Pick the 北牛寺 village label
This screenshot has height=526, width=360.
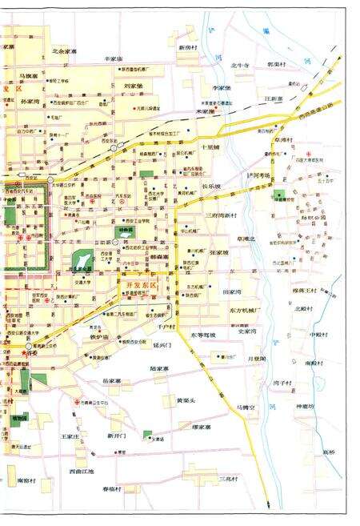(x=241, y=64)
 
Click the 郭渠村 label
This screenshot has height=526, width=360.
(x=277, y=64)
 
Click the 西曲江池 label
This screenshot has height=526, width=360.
(x=82, y=472)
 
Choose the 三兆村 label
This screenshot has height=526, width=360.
(x=230, y=479)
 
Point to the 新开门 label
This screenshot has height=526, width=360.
(x=117, y=436)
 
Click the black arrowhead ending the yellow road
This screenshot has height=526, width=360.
(x=269, y=504)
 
